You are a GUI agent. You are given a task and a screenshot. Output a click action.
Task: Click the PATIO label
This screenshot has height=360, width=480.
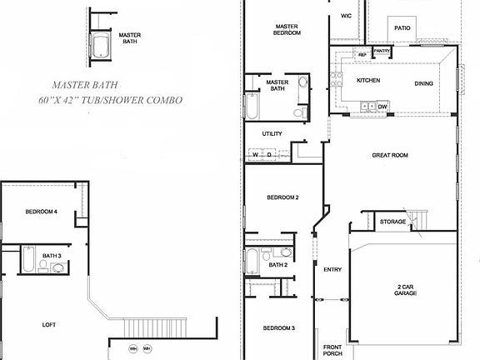click(x=402, y=27)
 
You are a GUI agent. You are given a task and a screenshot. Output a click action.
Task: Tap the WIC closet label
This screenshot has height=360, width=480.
click(x=346, y=16)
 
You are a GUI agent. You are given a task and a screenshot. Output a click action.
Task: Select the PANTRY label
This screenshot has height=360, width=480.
click(x=382, y=52)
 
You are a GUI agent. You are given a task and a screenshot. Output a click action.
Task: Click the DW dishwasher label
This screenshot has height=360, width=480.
click(x=382, y=107)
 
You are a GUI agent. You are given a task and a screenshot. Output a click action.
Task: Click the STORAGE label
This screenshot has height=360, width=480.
click(x=392, y=222)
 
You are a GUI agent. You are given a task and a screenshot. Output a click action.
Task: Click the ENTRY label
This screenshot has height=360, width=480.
click(x=332, y=269)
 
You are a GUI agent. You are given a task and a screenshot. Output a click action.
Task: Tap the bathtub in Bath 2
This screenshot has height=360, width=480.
click(x=252, y=262)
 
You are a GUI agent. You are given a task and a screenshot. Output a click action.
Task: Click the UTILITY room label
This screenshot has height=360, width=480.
click(x=272, y=133)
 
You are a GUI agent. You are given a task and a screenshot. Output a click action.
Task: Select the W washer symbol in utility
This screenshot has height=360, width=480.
click(x=255, y=154)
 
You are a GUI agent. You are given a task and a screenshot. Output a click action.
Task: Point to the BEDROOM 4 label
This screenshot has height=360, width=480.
click(x=41, y=212)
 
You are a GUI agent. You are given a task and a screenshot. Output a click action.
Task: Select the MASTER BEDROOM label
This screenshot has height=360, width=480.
click(x=286, y=30)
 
